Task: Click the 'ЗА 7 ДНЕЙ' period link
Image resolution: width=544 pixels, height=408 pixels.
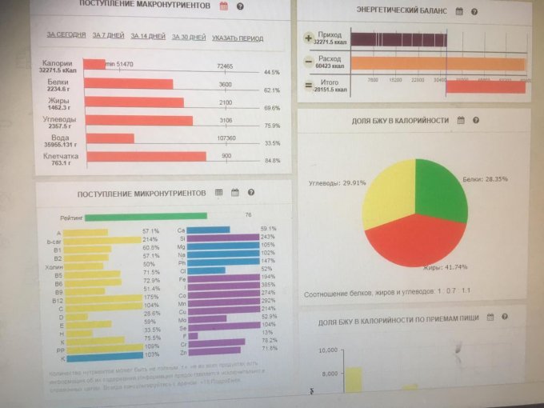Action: [108, 37]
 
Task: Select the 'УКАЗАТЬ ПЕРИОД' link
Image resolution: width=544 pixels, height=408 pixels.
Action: [238, 38]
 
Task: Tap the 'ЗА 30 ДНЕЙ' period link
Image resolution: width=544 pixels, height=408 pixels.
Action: [190, 38]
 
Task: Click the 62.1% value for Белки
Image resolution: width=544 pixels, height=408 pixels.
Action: [272, 90]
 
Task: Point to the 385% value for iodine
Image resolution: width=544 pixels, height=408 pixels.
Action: [267, 286]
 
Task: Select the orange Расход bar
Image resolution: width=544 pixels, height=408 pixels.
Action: [437, 63]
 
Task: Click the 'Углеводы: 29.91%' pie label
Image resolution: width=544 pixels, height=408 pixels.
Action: [337, 183]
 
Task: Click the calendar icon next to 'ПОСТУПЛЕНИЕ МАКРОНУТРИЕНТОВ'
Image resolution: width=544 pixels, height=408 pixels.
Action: [223, 6]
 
